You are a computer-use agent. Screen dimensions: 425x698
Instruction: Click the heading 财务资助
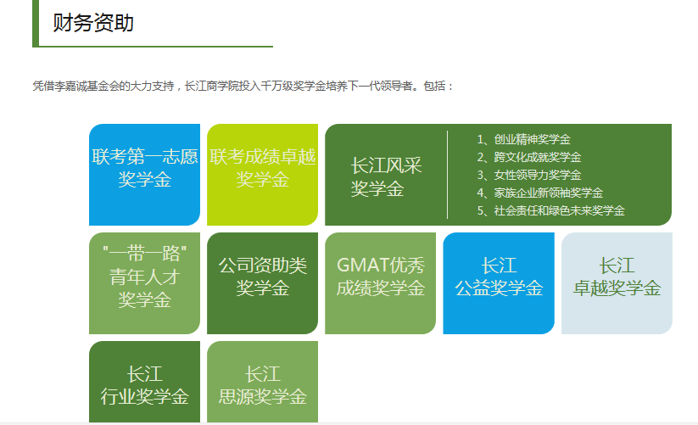[93, 23]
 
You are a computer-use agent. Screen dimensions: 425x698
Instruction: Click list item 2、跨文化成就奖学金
[528, 157]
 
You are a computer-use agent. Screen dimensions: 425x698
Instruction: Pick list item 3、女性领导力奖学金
[528, 175]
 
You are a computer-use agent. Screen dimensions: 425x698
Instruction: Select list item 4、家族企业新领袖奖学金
[539, 193]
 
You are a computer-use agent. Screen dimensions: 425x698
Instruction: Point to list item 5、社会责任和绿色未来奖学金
[550, 210]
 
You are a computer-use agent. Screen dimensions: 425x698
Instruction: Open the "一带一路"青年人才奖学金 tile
[144, 277]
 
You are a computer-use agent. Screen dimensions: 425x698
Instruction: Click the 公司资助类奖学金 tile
[262, 277]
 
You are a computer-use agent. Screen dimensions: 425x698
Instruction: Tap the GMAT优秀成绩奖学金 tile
[380, 277]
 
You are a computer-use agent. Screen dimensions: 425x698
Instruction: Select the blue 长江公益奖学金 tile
[498, 277]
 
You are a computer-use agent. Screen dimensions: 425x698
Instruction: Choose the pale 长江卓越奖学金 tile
[617, 277]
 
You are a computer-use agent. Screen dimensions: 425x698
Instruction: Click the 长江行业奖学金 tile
[144, 384]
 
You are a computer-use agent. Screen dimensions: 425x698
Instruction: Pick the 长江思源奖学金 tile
[262, 384]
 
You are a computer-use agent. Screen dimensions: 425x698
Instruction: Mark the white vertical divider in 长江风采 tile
[447, 175]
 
